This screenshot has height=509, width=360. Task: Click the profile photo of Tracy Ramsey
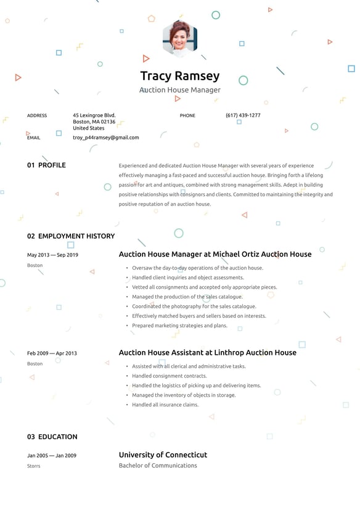point(180,38)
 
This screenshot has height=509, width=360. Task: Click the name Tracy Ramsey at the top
point(180,76)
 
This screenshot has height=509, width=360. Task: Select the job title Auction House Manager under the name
point(180,90)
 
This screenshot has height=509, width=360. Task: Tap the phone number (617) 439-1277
point(243,115)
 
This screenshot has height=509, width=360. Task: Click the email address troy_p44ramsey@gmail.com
point(106,138)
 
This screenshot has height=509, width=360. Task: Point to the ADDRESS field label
point(37,115)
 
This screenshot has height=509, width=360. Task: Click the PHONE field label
point(187,115)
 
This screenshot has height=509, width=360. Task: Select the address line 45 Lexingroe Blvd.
point(94,115)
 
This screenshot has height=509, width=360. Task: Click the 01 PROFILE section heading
point(46,165)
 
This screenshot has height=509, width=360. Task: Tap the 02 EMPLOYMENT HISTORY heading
point(71,236)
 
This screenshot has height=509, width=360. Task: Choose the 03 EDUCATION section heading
point(52,437)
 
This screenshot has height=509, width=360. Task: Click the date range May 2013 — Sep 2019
point(52,255)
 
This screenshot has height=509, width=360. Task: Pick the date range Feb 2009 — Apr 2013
point(52,354)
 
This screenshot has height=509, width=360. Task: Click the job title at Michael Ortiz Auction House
point(215,254)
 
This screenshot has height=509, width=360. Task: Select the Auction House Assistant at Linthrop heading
point(208,353)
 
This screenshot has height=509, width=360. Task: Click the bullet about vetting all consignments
point(205,287)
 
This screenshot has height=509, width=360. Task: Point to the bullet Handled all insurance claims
point(165,405)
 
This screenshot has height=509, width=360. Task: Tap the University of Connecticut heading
point(163,455)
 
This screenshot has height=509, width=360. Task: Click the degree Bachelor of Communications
point(158,466)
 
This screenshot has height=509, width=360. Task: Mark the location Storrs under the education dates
point(34,466)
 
